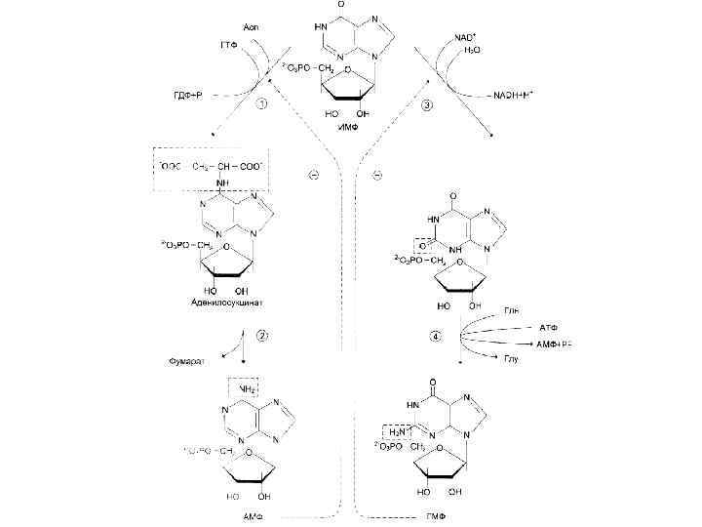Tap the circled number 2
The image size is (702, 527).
(x=261, y=337)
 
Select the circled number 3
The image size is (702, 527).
(x=426, y=107)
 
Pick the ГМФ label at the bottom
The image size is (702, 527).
(x=436, y=515)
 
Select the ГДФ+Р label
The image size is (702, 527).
(x=190, y=95)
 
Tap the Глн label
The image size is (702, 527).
(x=511, y=310)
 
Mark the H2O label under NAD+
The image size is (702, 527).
(x=472, y=49)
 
